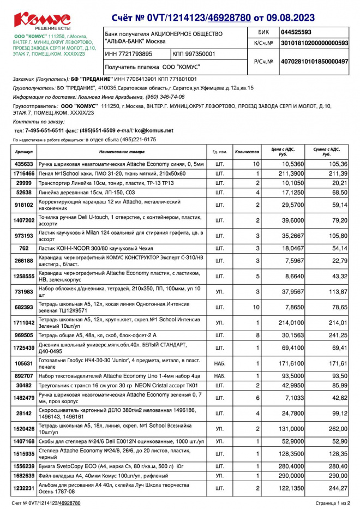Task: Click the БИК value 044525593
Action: [x=296, y=32]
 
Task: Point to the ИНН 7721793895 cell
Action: [x=129, y=54]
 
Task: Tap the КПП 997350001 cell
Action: [x=195, y=54]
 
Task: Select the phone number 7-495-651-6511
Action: [x=45, y=130]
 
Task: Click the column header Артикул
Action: [x=24, y=152]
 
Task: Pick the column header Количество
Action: [x=247, y=152]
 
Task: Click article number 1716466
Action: [x=24, y=173]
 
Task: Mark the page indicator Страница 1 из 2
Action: [x=333, y=502]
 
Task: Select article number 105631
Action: [x=24, y=362]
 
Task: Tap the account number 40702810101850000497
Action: [x=314, y=62]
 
